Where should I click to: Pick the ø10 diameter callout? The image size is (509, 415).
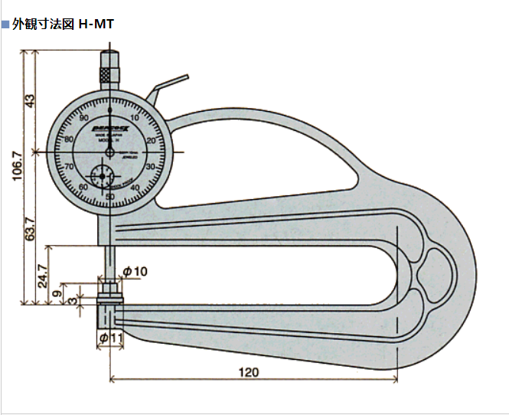(135, 272)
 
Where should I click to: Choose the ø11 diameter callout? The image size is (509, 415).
(112, 338)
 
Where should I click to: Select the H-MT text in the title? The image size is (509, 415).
(96, 24)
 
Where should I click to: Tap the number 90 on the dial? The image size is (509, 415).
(83, 117)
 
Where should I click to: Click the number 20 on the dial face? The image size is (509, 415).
(151, 141)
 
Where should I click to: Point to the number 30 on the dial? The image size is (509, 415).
(150, 166)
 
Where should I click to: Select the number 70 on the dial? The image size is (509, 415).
(70, 166)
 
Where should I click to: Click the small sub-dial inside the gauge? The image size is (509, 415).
(100, 177)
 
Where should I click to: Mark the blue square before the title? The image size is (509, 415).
(5, 24)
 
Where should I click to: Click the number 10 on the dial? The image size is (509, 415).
(135, 118)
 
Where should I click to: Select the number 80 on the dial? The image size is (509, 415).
(69, 139)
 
